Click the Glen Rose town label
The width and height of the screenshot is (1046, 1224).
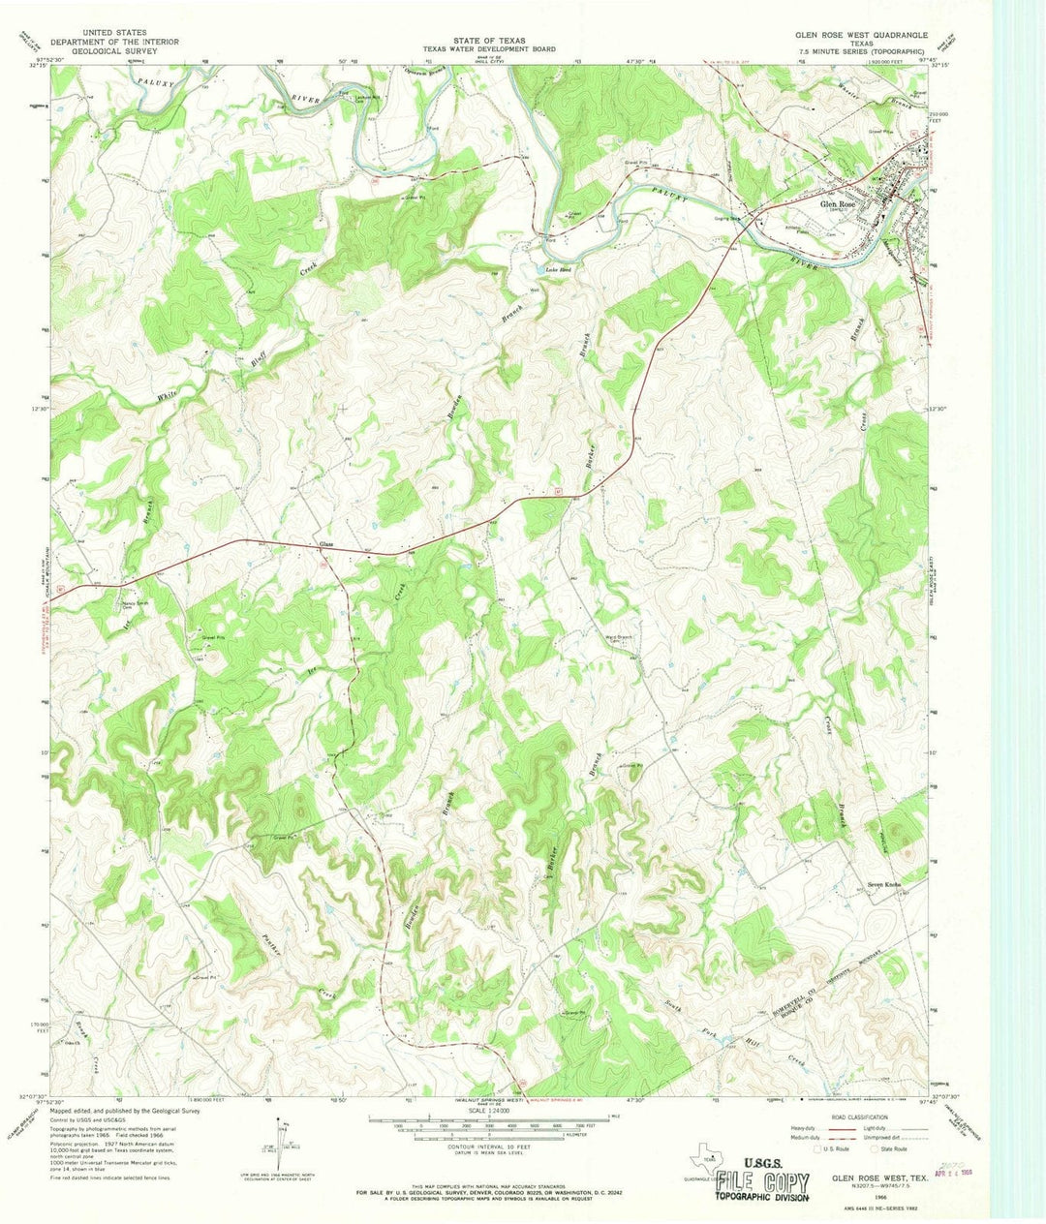click(838, 204)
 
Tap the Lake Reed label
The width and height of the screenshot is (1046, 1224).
click(556, 269)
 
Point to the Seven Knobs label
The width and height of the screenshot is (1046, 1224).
click(886, 884)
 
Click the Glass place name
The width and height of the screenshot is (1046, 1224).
click(327, 544)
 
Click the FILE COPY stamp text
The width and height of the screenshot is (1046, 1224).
click(763, 1180)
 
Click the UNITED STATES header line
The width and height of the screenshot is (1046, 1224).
click(108, 33)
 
